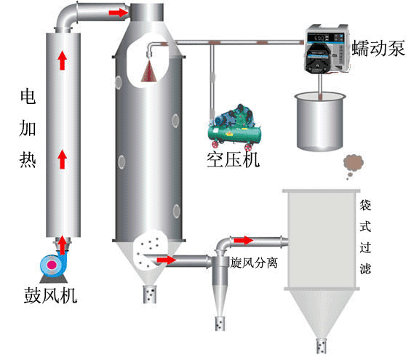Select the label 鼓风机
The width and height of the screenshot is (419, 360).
[x=49, y=296]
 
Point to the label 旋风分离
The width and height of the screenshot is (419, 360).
[x=253, y=261]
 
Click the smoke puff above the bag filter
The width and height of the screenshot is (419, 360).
[x=351, y=167]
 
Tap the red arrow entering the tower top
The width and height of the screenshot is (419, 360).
[x=116, y=12]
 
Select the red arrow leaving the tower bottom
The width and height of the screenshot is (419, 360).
[x=167, y=259]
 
